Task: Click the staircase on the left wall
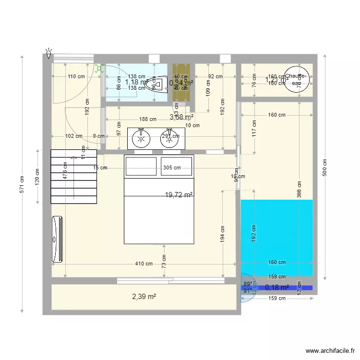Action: coord(74,176)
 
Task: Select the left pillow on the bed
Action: coord(141,166)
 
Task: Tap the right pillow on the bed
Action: coord(177,166)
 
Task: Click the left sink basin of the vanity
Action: coord(141,139)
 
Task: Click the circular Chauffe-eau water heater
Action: coord(297,79)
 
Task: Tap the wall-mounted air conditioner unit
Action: coord(57,240)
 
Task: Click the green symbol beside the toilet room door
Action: coord(99,69)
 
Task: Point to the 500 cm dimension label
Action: coord(325,168)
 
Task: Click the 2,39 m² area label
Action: coord(144,297)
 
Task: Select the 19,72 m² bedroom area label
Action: coord(179,194)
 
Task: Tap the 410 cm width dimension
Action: coord(144,264)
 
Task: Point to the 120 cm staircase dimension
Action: coord(37,177)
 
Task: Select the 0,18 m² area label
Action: coord(276,288)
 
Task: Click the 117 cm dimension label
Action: coord(254,128)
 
